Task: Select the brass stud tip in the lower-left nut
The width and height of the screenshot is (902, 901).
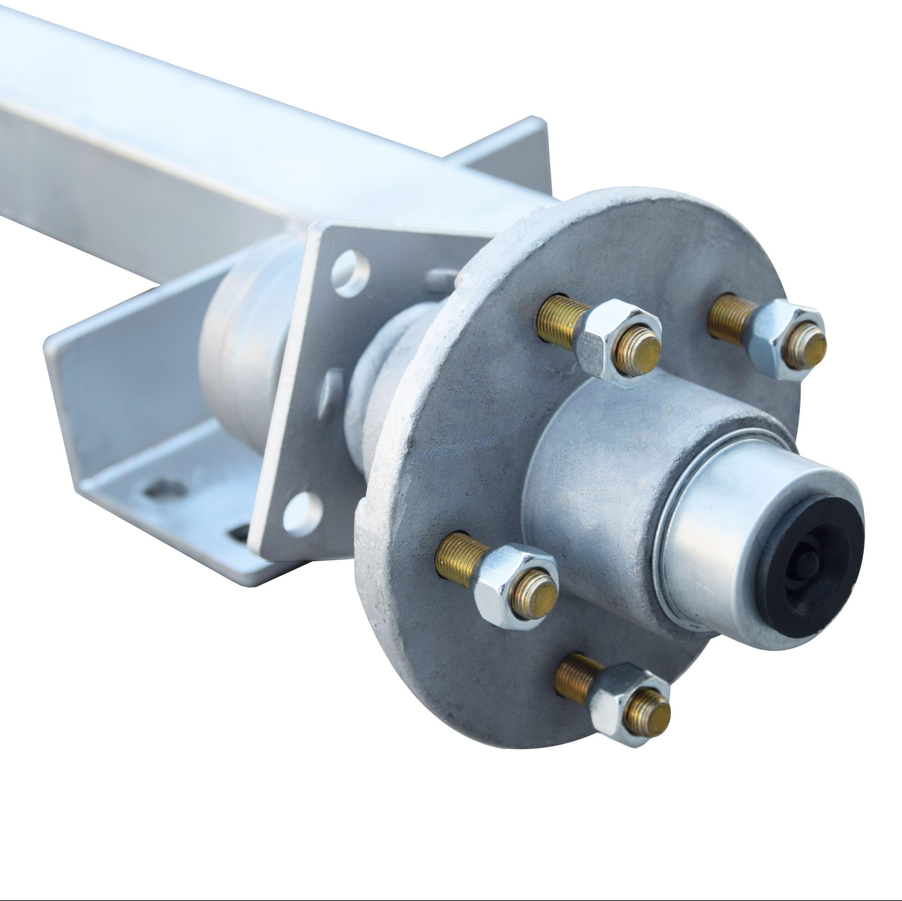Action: click(x=534, y=595)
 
